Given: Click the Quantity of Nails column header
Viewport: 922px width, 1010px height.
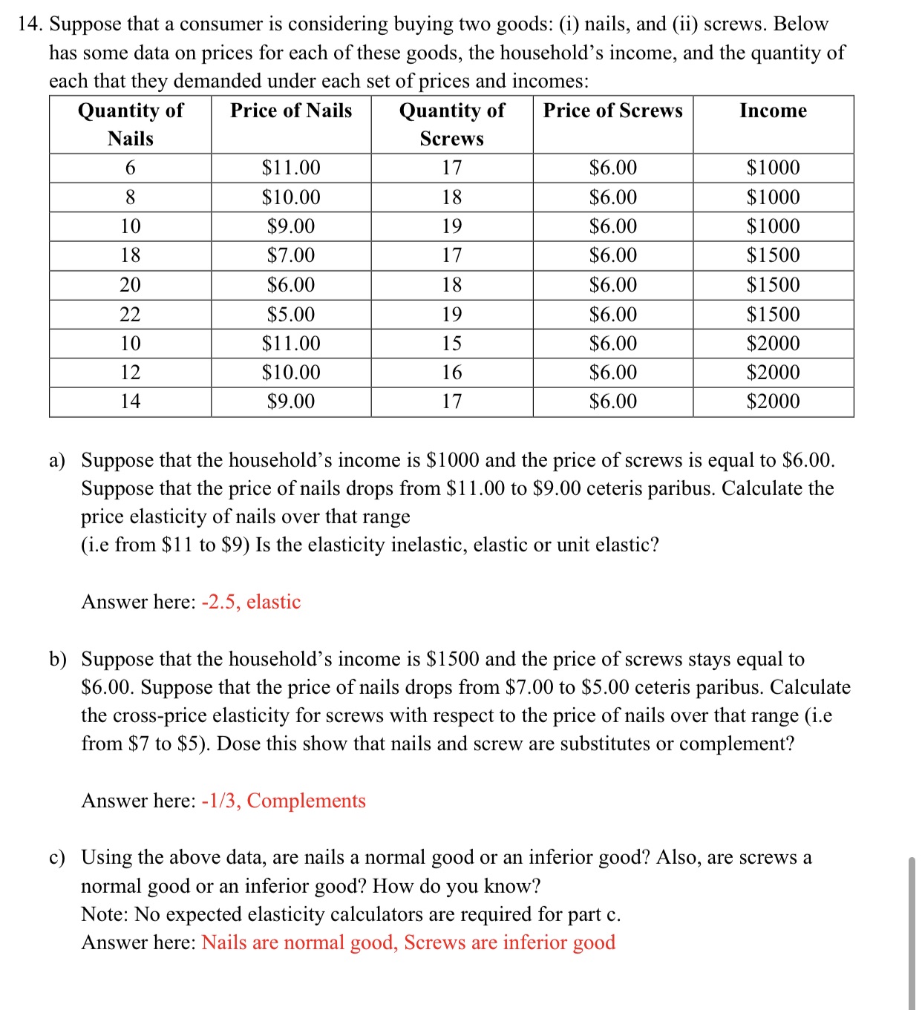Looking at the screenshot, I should [131, 124].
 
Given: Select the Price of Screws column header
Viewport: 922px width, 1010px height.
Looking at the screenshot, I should [612, 111].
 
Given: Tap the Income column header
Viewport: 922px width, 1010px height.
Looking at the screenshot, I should [773, 111].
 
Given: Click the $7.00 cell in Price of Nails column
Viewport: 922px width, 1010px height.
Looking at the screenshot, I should [291, 255].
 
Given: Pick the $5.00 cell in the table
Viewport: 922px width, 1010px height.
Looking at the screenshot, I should [291, 315].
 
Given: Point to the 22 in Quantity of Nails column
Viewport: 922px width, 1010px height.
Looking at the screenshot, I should [130, 315].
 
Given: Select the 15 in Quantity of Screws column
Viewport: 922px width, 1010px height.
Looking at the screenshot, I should [451, 344].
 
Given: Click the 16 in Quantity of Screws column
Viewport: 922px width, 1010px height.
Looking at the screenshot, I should [451, 373].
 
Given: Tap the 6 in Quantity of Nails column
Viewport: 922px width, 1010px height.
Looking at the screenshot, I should [130, 168].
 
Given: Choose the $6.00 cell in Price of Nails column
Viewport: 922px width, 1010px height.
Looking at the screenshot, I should [291, 285].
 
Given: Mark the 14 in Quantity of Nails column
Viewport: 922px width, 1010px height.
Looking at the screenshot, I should [130, 401].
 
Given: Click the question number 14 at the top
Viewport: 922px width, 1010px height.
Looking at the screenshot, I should [30, 24].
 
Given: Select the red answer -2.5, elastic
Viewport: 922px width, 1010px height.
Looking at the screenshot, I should [251, 602].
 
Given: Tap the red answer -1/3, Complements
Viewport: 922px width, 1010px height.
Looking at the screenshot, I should [284, 801].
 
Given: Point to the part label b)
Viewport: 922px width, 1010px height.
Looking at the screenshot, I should [58, 659].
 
